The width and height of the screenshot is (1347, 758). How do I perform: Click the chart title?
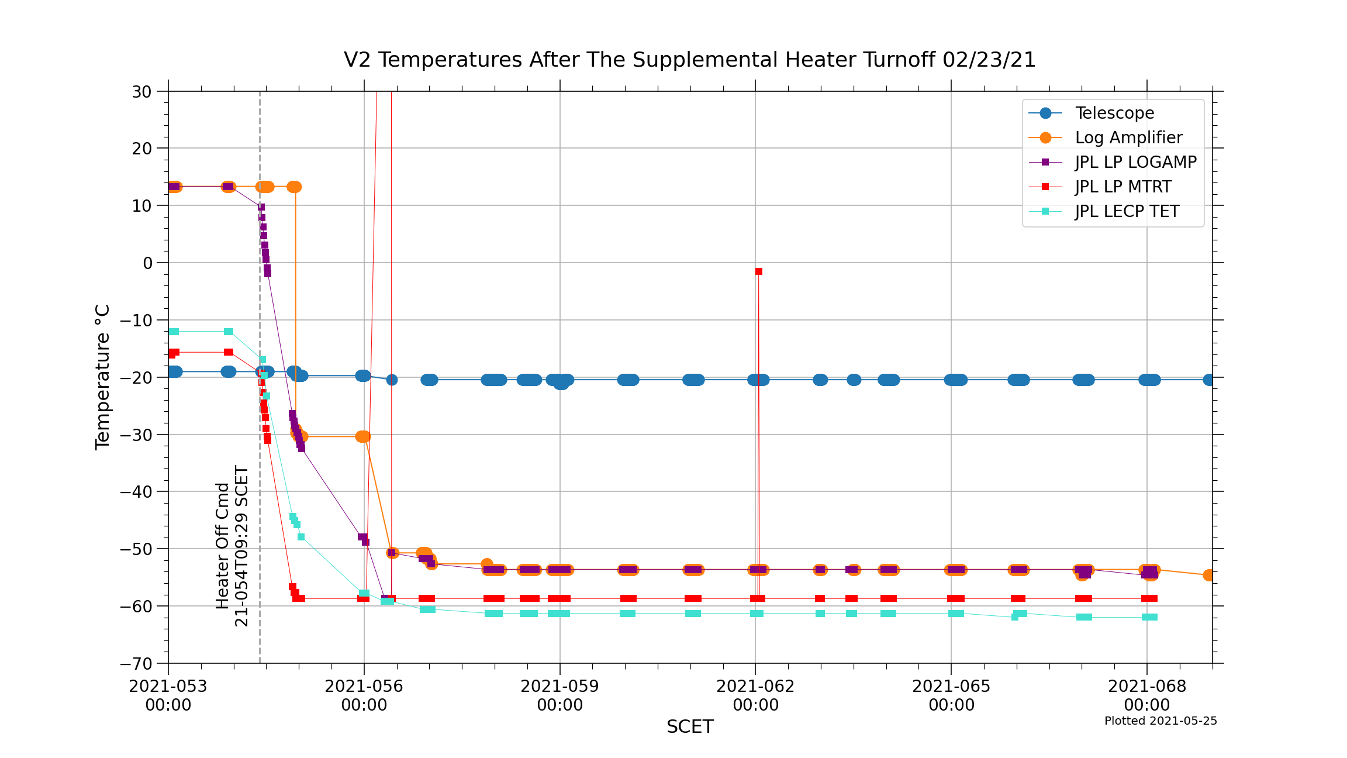pos(690,60)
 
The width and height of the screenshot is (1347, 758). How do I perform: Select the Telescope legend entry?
pos(1114,113)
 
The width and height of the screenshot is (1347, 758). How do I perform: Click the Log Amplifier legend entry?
pos(1128,137)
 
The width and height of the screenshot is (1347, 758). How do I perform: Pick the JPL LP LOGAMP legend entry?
pos(1135,162)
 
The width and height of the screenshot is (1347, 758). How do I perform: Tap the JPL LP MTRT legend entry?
pos(1123,187)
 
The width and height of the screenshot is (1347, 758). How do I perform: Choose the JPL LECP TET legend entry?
pos(1127,211)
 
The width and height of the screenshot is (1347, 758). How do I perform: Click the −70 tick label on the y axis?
pos(136,664)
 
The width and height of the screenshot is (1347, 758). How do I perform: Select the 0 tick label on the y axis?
pos(147,263)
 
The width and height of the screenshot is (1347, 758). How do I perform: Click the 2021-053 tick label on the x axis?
pos(168,695)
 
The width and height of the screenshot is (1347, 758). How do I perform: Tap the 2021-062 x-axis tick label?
pos(755,695)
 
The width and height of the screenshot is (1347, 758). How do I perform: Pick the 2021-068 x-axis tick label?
pos(1147,695)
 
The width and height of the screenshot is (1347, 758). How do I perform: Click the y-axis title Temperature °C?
pos(102,377)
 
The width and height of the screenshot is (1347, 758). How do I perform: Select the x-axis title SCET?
pos(690,726)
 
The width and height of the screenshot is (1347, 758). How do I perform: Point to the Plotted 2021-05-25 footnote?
pos(1161,721)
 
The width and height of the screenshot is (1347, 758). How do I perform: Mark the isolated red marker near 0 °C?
pos(758,271)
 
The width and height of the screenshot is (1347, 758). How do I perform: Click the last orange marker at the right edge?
pos(1210,576)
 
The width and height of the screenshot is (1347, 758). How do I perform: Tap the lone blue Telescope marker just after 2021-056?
pos(392,380)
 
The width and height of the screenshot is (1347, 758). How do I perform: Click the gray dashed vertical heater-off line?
pos(260,468)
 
